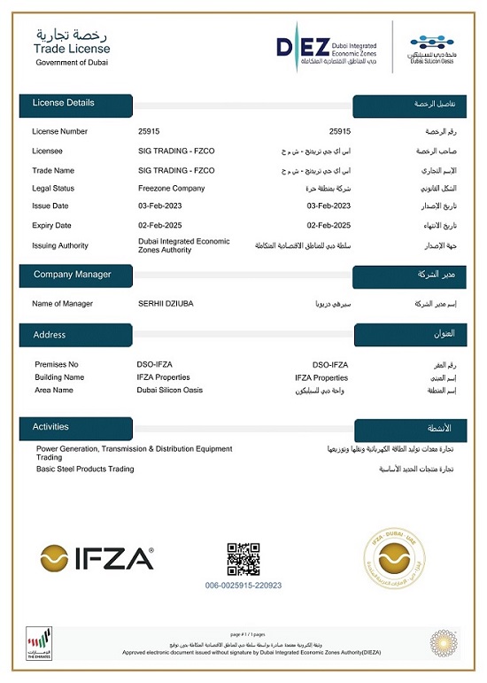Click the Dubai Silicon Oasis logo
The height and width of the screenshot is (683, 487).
(430, 47)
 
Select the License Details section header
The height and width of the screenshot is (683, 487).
(64, 103)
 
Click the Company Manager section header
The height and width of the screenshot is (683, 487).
(73, 275)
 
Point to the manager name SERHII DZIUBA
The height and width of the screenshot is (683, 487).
(166, 304)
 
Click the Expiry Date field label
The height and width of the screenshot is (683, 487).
(51, 225)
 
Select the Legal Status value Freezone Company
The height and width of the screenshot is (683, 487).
(172, 188)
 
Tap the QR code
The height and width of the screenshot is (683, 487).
(243, 559)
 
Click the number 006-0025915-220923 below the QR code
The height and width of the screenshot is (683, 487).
(243, 586)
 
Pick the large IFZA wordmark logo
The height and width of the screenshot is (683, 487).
(97, 558)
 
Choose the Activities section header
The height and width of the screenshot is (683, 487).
(50, 427)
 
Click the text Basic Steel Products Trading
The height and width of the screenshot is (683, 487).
(85, 469)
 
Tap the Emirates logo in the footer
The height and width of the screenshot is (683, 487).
(39, 644)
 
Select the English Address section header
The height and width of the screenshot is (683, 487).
(50, 335)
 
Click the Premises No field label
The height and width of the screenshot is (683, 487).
(57, 364)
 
